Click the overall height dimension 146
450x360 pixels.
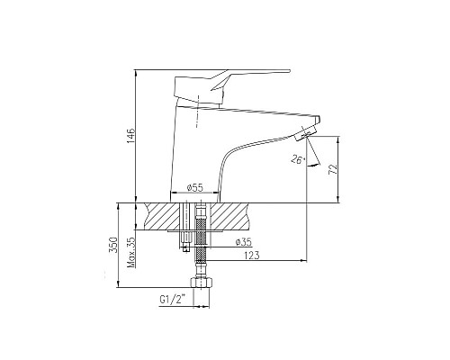(x=127, y=137)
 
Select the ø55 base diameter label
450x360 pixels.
(x=194, y=187)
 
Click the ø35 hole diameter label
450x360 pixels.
(x=241, y=242)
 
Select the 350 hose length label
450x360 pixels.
(x=112, y=246)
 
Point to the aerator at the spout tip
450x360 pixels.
(x=308, y=132)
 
